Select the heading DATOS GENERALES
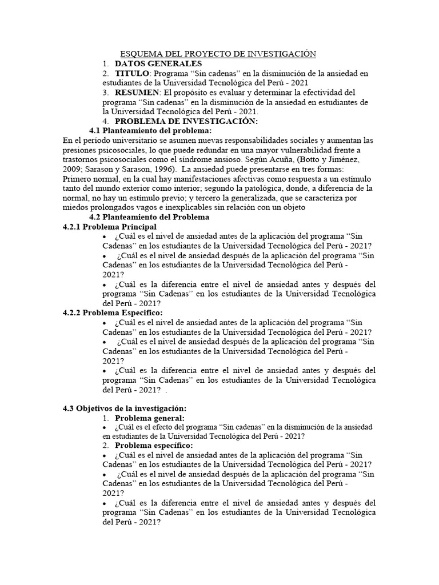tap(158, 63)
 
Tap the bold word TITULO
tap(131, 74)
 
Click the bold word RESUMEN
tap(137, 92)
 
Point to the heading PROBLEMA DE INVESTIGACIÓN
tap(186, 122)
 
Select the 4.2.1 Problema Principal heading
tap(109, 227)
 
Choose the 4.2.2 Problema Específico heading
tap(112, 312)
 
